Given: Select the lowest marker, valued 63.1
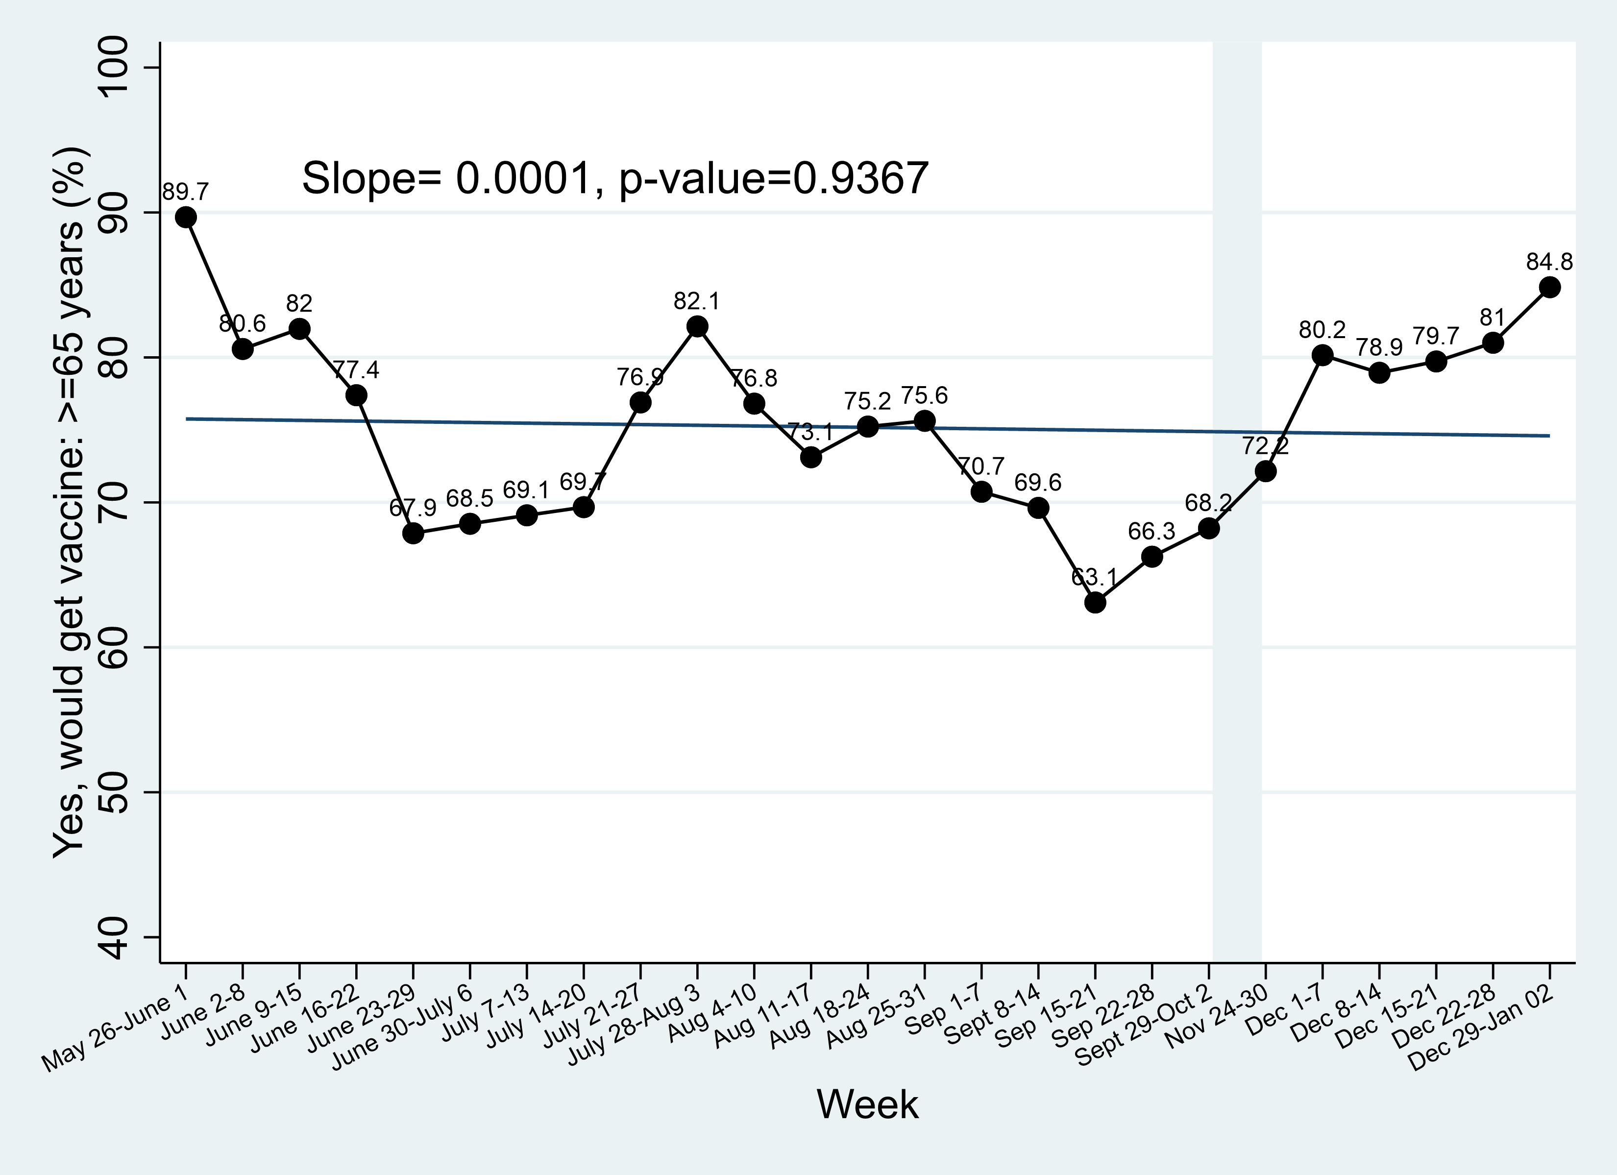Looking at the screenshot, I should click(x=1095, y=603).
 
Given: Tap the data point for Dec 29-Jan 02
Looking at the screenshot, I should click(x=1549, y=287).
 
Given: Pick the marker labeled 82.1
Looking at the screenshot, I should click(x=697, y=326).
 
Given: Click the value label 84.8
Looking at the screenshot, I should click(x=1549, y=262).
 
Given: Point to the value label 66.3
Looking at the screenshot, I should click(x=1151, y=531).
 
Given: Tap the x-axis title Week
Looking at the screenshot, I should click(x=867, y=1104).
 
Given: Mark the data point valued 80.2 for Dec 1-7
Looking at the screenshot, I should click(x=1323, y=354).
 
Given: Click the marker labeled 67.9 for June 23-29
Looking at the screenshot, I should click(x=413, y=533).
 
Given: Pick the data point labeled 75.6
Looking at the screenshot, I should click(x=924, y=421).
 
